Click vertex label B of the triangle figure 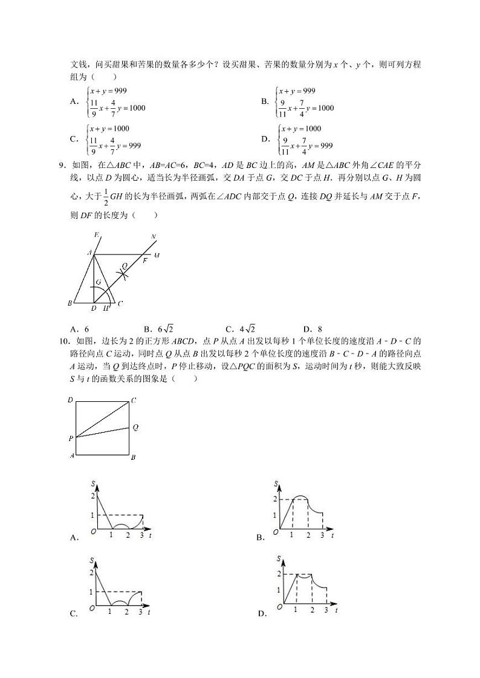coord(70,303)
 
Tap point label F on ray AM coord(144,260)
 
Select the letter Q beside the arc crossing coord(125,265)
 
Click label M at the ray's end coord(156,255)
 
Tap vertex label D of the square coord(71,400)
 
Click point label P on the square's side coord(71,437)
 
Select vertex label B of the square coord(133,457)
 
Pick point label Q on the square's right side coord(135,427)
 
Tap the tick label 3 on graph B coord(322,536)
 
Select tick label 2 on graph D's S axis coord(279,573)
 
